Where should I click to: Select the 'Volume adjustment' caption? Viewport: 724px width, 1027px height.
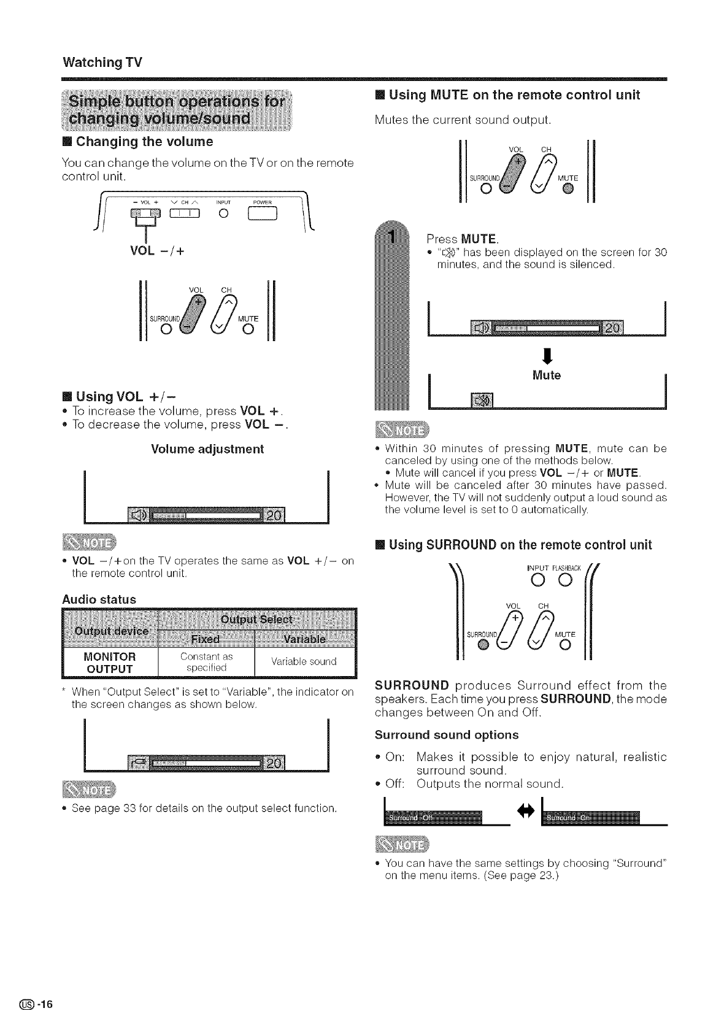pos(207,448)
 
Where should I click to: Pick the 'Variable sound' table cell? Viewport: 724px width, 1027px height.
pos(304,661)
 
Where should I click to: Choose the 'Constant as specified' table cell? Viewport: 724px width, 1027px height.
pos(206,662)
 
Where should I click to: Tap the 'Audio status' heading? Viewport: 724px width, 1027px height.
pos(99,599)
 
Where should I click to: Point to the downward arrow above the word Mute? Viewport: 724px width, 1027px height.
pos(545,355)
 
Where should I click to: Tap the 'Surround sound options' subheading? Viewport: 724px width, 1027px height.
pos(446,734)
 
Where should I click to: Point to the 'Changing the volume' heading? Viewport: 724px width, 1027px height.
pos(144,142)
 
